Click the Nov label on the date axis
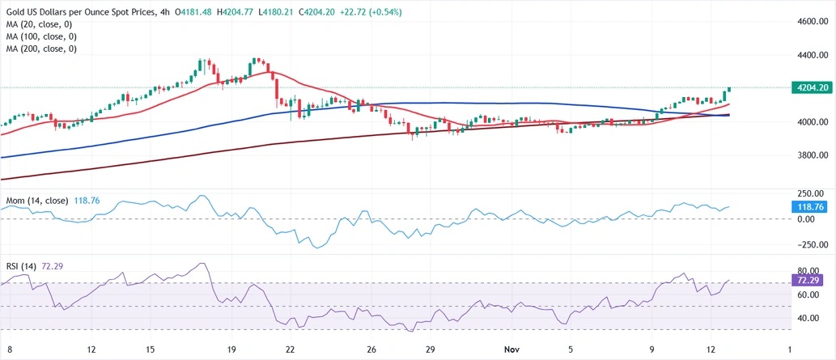(x=512, y=349)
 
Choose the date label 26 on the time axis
(x=371, y=349)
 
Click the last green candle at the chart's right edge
(x=729, y=89)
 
